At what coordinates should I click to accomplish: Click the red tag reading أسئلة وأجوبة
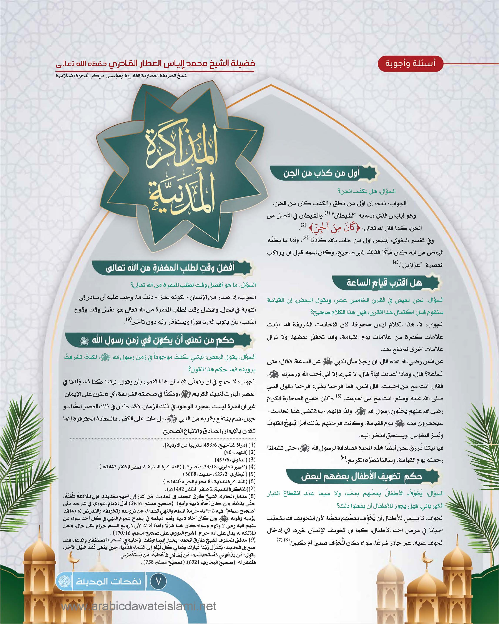[x=406, y=63]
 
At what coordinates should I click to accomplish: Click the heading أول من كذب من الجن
[x=321, y=173]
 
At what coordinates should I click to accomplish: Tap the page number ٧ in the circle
[x=158, y=581]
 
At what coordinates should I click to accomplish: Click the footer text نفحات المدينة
[x=108, y=581]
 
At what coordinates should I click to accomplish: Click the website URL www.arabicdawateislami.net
[x=139, y=605]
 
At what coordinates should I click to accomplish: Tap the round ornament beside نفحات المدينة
[x=64, y=581]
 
